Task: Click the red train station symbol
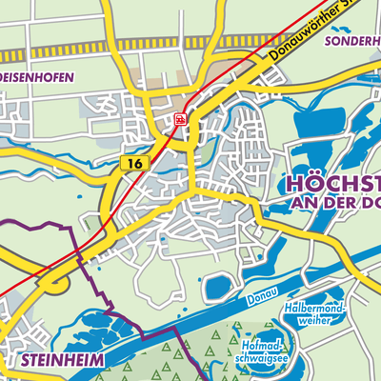pyautogui.click(x=180, y=119)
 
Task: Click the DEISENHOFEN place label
pyautogui.click(x=36, y=78)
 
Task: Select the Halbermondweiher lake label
pyautogui.click(x=316, y=315)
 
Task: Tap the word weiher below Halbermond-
pyautogui.click(x=316, y=321)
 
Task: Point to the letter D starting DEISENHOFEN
pyautogui.click(x=4, y=78)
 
